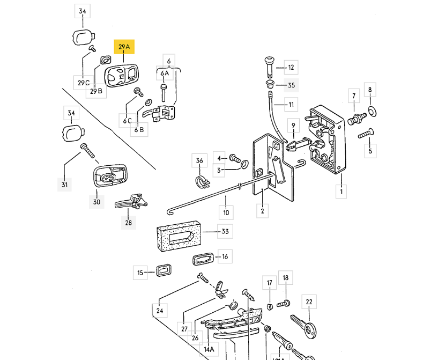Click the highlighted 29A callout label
point(124,47)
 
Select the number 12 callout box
point(291,68)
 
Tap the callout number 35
point(291,85)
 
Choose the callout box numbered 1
point(341,190)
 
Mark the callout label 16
point(225,256)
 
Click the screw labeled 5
point(366,134)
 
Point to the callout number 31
point(64,185)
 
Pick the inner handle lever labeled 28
point(130,203)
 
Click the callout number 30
point(96,202)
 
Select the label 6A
point(164,73)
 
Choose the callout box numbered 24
point(159,311)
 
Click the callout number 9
point(293,126)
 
